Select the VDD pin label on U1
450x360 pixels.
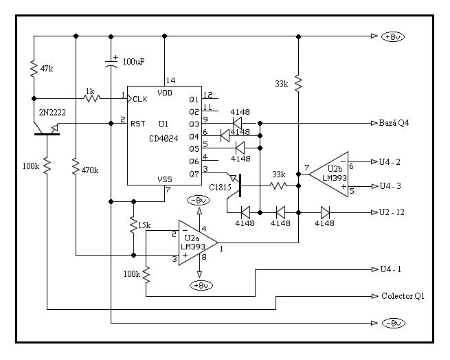165,92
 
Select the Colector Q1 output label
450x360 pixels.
403,297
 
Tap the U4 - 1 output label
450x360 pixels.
391,269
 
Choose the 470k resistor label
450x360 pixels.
90,169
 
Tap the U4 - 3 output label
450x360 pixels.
391,186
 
